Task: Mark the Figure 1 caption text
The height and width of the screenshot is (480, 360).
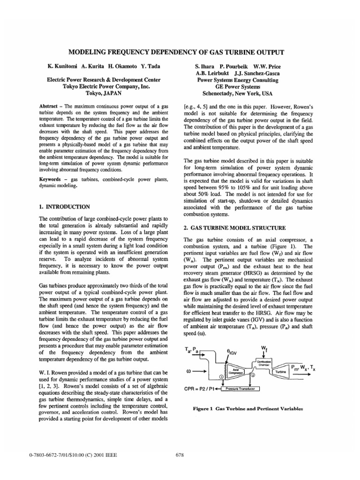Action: [x=248, y=408]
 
